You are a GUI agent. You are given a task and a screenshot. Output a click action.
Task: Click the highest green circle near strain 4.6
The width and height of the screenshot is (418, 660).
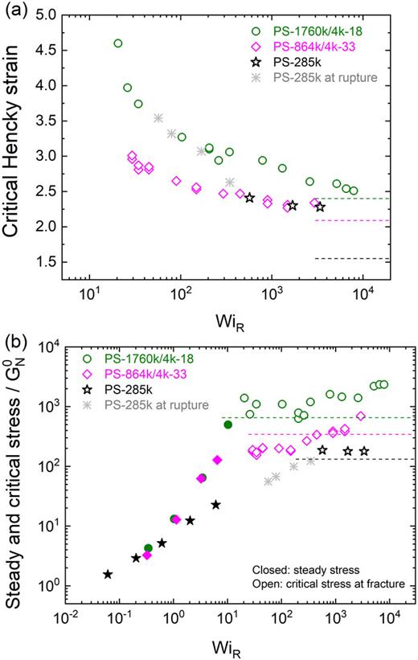click(x=118, y=43)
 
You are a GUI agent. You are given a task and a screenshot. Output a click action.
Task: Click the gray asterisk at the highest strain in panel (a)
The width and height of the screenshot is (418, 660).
click(x=158, y=118)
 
